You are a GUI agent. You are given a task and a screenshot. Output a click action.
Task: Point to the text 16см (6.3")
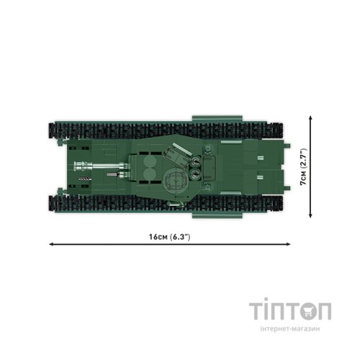pyautogui.click(x=169, y=237)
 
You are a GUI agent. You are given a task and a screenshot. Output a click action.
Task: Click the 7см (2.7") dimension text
pyautogui.click(x=304, y=167)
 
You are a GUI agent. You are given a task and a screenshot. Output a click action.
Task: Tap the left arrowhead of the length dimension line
pyautogui.click(x=51, y=244)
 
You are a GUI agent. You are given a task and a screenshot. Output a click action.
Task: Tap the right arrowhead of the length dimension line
pyautogui.click(x=288, y=244)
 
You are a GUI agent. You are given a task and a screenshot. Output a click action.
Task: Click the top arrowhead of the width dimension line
pyautogui.click(x=310, y=117)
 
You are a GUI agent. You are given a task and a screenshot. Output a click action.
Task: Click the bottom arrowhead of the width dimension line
pyautogui.click(x=310, y=216)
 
